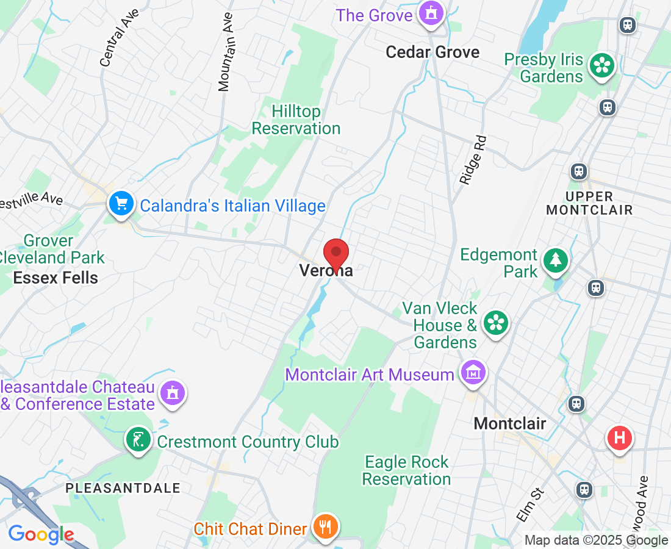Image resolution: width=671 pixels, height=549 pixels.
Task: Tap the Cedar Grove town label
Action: pos(432,52)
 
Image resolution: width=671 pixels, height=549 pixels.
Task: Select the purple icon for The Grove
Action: pos(431,13)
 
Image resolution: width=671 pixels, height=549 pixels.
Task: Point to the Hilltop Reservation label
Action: pos(296,120)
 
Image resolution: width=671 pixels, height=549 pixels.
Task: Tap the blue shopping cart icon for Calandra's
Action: pos(121,204)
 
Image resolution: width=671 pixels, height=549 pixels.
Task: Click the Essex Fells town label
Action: pos(56,278)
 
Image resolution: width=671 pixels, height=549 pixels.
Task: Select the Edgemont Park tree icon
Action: pos(555,260)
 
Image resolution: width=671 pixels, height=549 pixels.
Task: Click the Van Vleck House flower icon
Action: pos(496,323)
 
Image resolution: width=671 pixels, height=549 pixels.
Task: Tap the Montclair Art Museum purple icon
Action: pos(473,373)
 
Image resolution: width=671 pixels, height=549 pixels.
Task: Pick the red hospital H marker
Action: pos(620,439)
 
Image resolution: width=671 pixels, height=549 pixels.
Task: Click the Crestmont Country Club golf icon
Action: pos(138,440)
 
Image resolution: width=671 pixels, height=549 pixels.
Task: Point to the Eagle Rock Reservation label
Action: pos(406,470)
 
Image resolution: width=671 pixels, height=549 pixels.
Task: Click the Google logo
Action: pos(41,535)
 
